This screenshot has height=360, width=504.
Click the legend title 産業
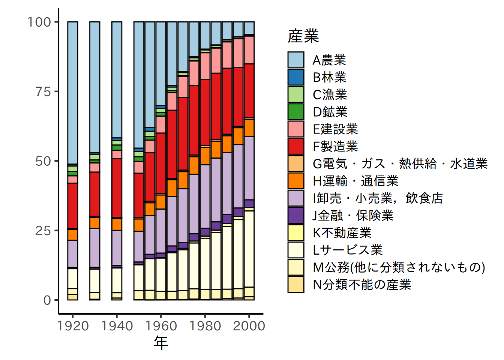[303, 36]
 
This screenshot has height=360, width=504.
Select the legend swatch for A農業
[296, 60]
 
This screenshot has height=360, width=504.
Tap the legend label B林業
[330, 77]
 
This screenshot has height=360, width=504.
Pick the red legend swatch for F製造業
[296, 146]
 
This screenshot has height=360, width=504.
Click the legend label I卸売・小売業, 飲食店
[378, 198]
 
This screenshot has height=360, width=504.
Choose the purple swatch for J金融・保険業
[296, 215]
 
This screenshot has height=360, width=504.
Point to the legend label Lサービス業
[348, 250]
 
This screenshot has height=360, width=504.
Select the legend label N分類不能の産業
[362, 284]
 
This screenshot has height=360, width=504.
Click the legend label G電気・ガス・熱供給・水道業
[400, 163]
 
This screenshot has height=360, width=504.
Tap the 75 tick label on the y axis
[43, 91]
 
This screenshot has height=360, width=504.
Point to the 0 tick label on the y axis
[47, 300]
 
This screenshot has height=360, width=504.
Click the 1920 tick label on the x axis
[73, 326]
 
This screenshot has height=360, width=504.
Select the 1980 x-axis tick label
[205, 326]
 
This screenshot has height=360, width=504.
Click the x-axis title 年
[161, 342]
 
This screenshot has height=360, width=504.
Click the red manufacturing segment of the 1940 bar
[117, 187]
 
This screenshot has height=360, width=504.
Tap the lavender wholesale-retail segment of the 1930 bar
[95, 247]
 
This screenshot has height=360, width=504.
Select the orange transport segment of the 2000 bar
[249, 128]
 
